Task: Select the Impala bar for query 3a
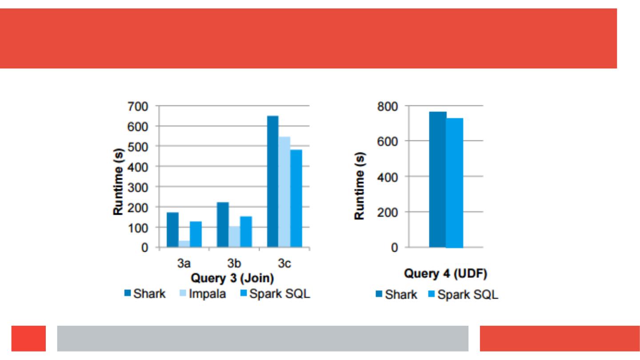(184, 244)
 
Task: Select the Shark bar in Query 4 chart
(438, 180)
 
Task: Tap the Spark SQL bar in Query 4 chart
(455, 183)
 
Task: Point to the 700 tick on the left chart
(139, 106)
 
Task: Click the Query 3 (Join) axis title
(232, 278)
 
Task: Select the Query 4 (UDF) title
(446, 274)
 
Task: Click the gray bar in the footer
(263, 339)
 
